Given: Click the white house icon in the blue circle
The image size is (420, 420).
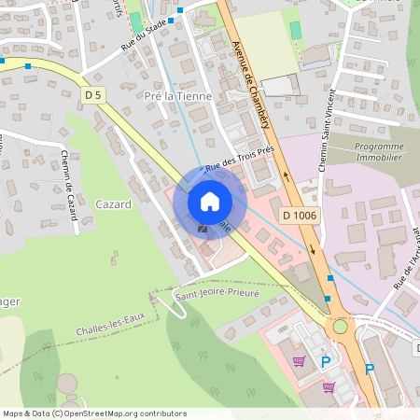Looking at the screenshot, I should pyautogui.click(x=209, y=201).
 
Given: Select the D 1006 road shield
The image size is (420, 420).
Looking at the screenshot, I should pyautogui.click(x=299, y=216).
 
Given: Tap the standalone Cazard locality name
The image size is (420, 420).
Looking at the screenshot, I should pyautogui.click(x=112, y=203).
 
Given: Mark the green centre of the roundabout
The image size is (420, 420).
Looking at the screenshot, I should pyautogui.click(x=341, y=326).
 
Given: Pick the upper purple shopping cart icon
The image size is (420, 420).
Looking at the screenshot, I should pyautogui.click(x=298, y=361).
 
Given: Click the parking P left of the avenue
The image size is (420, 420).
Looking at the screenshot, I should pyautogui.click(x=325, y=361).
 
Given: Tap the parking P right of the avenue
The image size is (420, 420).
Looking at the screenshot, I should pyautogui.click(x=370, y=369).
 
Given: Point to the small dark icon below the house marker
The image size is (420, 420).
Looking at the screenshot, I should pyautogui.click(x=203, y=229).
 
